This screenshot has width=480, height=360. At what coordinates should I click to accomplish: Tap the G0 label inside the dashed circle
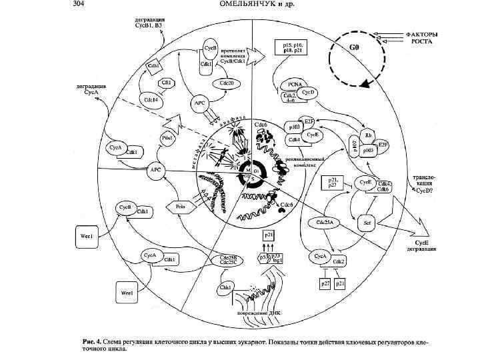click(x=355, y=47)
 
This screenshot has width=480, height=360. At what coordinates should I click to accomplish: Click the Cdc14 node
click(x=151, y=99)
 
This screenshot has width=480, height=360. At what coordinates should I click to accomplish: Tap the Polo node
click(x=180, y=207)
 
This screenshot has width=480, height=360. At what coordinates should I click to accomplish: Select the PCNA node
click(x=295, y=85)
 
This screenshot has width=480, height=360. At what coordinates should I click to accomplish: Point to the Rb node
click(x=368, y=135)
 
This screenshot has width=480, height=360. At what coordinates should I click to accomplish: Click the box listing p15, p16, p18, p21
click(x=289, y=47)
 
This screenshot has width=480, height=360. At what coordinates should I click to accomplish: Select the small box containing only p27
click(x=325, y=283)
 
